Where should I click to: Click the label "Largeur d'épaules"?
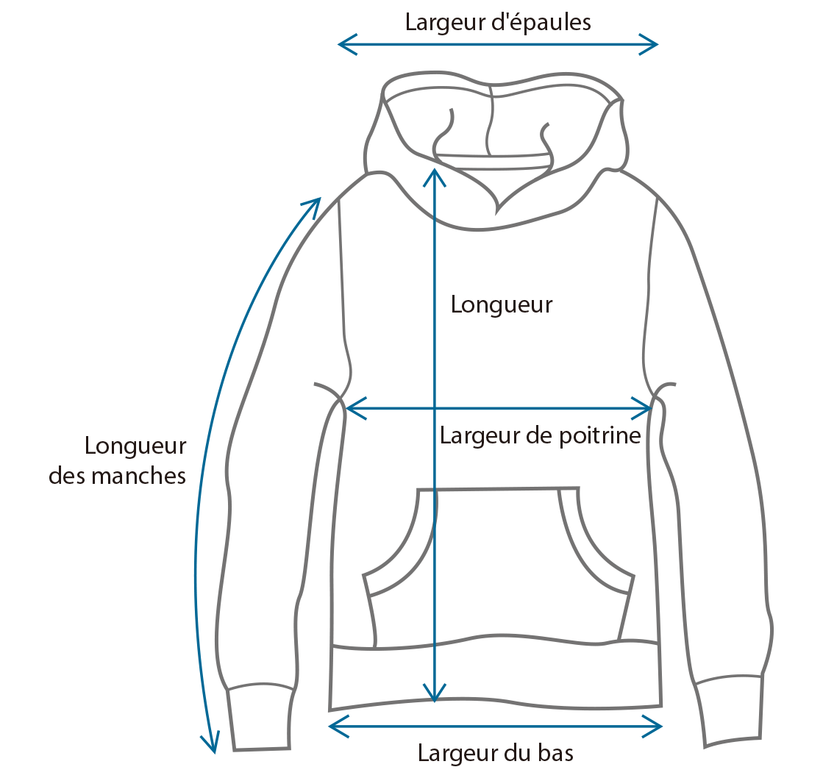click(x=498, y=23)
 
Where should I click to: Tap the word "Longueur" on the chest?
click(x=502, y=305)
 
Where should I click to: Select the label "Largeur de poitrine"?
click(x=540, y=436)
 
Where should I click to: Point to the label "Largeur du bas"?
click(x=496, y=753)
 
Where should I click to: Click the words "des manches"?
click(x=117, y=476)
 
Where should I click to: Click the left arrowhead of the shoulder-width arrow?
click(x=347, y=45)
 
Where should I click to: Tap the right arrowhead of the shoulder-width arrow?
click(x=649, y=45)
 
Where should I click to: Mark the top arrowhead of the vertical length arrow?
click(x=434, y=177)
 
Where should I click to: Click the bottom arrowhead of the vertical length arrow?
click(x=434, y=693)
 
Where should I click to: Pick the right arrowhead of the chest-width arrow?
click(x=641, y=408)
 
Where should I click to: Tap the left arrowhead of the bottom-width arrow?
click(x=338, y=726)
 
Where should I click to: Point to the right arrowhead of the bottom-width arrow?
click(x=652, y=726)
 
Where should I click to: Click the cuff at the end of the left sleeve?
click(x=260, y=717)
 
